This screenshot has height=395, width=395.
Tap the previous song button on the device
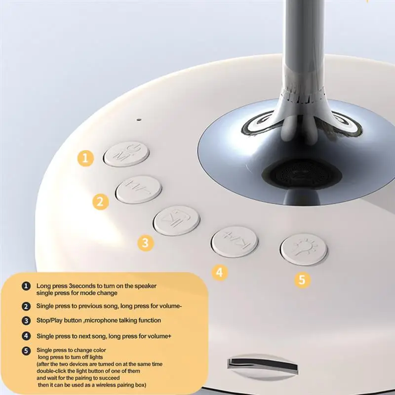pos(138,190)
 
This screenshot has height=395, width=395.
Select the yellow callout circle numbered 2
pos(100,201)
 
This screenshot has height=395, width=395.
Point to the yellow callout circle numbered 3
pos(145,242)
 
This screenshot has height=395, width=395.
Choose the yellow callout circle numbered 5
pos(303,280)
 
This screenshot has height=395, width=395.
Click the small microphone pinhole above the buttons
pos(139,119)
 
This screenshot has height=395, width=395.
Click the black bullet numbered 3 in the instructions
pos(26,320)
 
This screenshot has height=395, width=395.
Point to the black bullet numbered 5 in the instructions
pos(26,351)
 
